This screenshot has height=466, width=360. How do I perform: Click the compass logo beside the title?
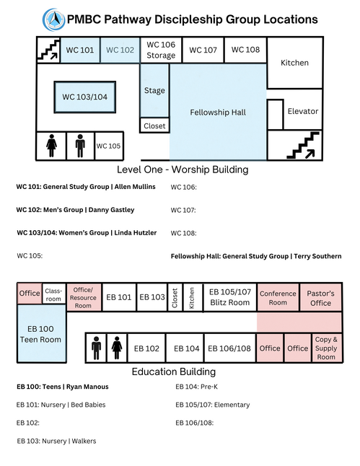(x=54, y=19)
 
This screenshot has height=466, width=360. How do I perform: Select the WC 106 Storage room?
(x=161, y=50)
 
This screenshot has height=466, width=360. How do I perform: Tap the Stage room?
(x=154, y=90)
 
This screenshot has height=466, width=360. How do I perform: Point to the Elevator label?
(x=302, y=111)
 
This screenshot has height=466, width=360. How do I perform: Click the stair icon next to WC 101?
(x=48, y=50)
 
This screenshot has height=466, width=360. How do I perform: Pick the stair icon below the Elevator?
(x=303, y=145)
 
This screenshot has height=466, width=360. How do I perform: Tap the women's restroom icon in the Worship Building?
(x=51, y=146)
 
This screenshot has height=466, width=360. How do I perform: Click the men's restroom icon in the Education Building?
(x=96, y=348)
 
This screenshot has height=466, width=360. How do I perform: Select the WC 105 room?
(x=108, y=146)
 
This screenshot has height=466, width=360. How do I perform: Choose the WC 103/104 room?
(x=85, y=97)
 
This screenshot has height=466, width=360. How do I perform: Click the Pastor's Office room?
(x=321, y=298)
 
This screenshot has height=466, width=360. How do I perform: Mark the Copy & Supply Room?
(x=326, y=348)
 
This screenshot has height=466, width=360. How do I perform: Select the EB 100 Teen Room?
(x=41, y=334)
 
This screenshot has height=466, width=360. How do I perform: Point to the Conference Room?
(x=278, y=298)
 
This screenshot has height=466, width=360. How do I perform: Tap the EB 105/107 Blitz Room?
(x=230, y=297)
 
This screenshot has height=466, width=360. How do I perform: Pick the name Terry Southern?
(x=317, y=256)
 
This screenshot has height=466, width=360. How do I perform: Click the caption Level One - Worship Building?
(x=183, y=170)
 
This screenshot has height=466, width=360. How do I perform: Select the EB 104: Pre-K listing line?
(x=196, y=387)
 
